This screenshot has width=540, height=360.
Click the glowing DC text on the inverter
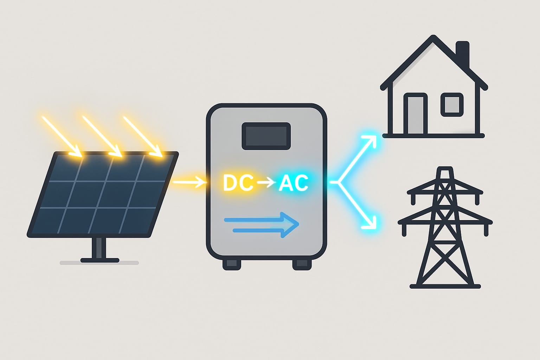click(238, 183)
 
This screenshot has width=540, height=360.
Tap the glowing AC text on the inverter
click(293, 183)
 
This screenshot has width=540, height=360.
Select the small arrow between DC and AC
click(266, 182)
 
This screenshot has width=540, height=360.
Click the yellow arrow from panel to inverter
click(189, 182)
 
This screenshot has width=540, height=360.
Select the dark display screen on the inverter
click(266, 136)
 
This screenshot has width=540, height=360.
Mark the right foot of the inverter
click(302, 264)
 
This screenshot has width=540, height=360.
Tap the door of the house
click(416, 114)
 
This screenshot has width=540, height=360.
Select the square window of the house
click(452, 104)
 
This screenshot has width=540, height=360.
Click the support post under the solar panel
click(99, 248)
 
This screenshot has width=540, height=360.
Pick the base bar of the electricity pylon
click(445, 287)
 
